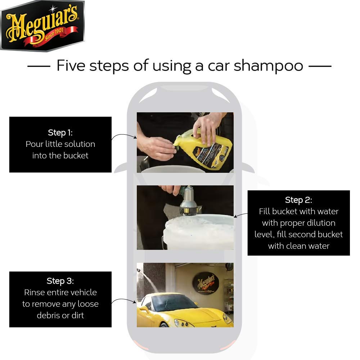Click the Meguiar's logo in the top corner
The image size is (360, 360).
click(x=42, y=26)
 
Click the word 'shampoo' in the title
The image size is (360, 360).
click(x=269, y=66)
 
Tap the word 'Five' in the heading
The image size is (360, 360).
click(x=71, y=66)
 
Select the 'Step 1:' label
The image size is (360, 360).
click(x=60, y=133)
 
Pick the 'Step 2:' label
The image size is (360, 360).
click(x=298, y=200)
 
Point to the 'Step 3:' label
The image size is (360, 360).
click(x=60, y=281)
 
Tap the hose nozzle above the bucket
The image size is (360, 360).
click(x=188, y=201)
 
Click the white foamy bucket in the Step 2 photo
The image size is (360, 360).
click(x=198, y=232)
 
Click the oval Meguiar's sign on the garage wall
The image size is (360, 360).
click(x=206, y=283)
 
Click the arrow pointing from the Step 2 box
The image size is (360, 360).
click(x=240, y=215)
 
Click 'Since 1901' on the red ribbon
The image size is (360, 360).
click(x=54, y=34)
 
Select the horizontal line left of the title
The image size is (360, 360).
click(x=39, y=66)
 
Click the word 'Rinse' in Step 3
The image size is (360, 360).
click(x=35, y=292)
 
